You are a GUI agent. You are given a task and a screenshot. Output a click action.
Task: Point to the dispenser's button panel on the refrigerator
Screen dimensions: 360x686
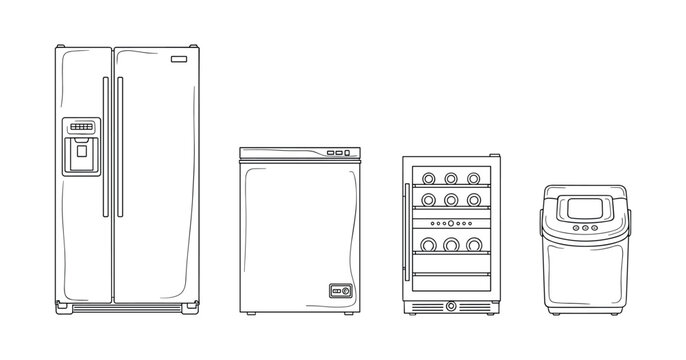click(82, 127)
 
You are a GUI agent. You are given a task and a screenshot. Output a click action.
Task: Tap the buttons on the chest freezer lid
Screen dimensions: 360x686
click(338, 153)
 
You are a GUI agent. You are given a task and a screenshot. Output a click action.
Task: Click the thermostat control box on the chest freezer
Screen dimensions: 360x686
click(341, 291)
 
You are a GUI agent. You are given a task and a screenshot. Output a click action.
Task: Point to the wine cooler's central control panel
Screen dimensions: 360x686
click(451, 223)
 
